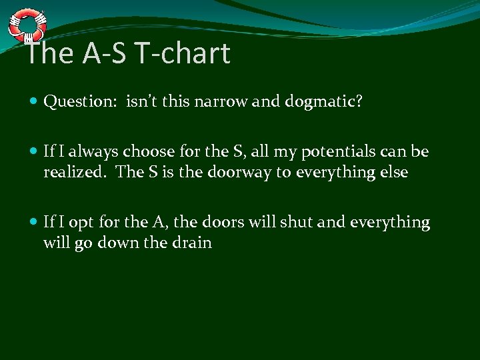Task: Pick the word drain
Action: coord(192,243)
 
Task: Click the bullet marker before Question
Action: coord(34,102)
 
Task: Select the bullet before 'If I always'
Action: coord(34,152)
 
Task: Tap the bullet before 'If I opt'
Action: coord(34,222)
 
